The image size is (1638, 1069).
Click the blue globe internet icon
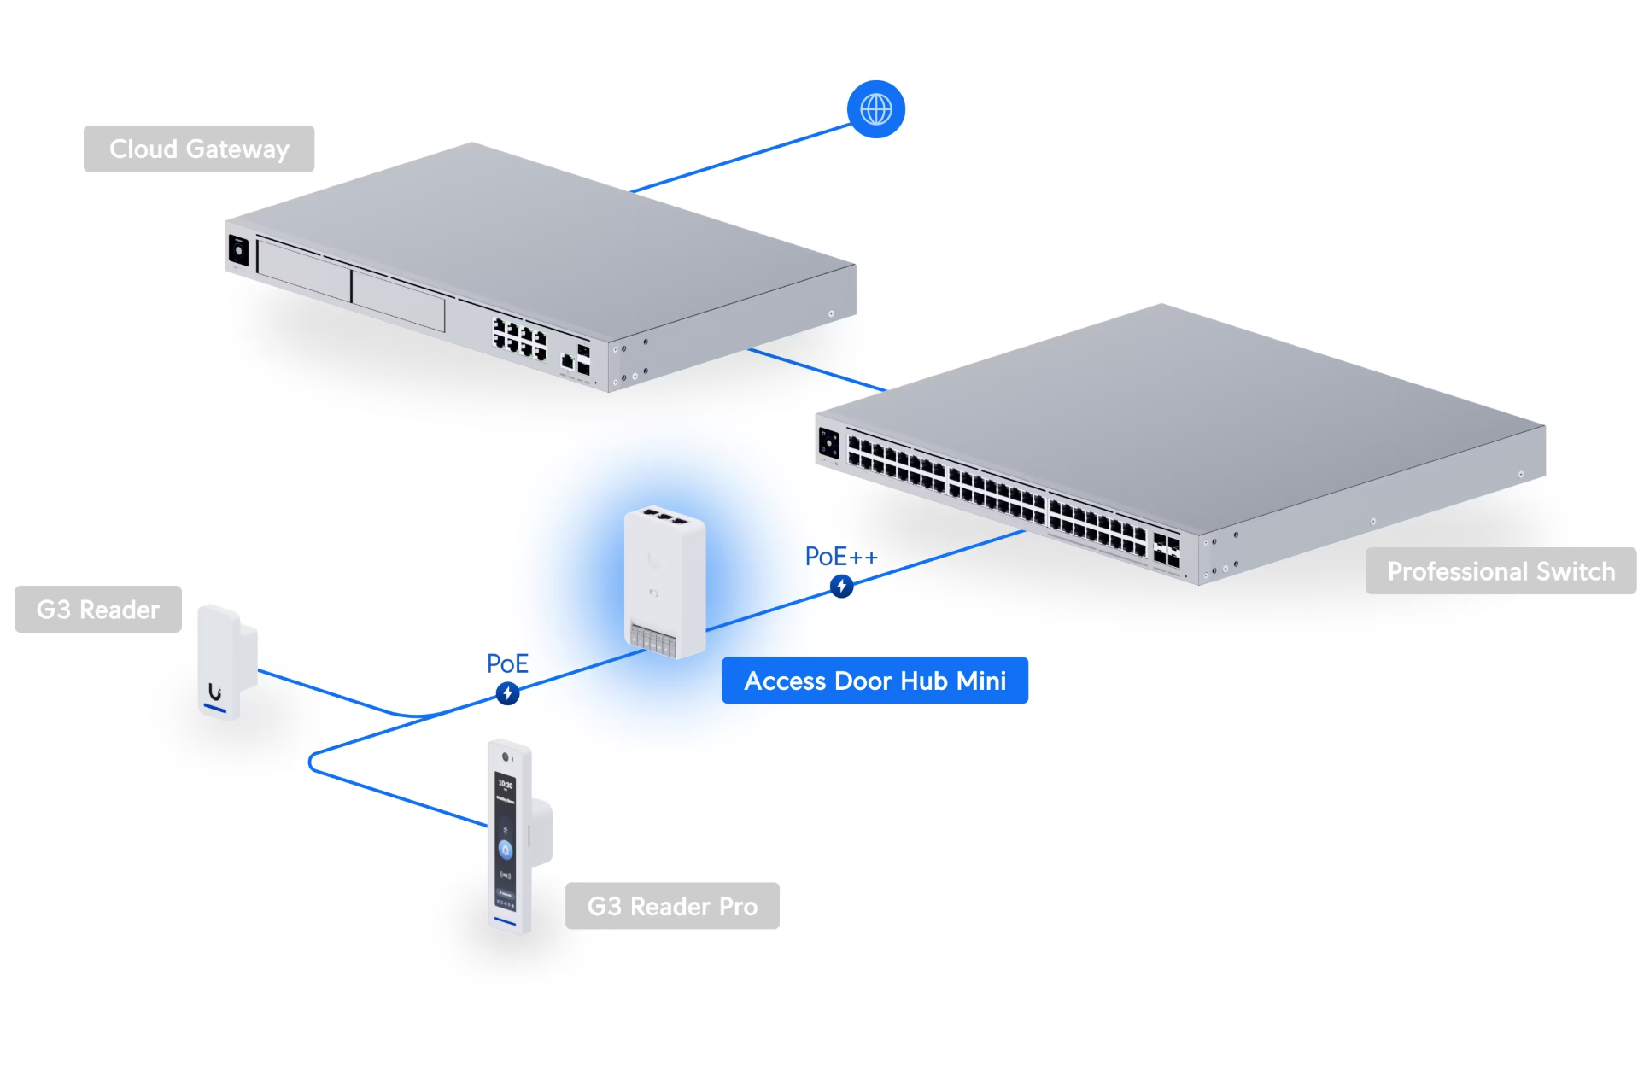(x=875, y=109)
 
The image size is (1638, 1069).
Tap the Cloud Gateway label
(x=198, y=149)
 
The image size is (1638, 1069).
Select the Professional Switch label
(x=1500, y=571)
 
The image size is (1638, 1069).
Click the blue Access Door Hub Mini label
(x=875, y=681)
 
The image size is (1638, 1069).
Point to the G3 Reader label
(x=97, y=610)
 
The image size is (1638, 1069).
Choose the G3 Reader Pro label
(x=671, y=906)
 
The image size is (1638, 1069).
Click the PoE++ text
(x=840, y=557)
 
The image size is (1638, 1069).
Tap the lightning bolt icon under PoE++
(x=841, y=586)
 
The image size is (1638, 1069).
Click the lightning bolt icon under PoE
(x=507, y=693)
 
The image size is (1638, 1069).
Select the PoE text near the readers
(x=507, y=663)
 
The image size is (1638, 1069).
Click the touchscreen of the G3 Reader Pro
(x=506, y=841)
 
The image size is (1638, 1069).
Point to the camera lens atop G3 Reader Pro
(x=506, y=757)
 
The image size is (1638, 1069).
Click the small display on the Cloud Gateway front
(x=238, y=250)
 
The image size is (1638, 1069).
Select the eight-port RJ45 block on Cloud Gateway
(x=519, y=339)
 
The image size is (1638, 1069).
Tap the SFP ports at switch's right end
(x=1167, y=550)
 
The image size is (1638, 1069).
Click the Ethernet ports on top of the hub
(x=664, y=517)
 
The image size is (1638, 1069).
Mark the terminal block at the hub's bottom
(x=652, y=639)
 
